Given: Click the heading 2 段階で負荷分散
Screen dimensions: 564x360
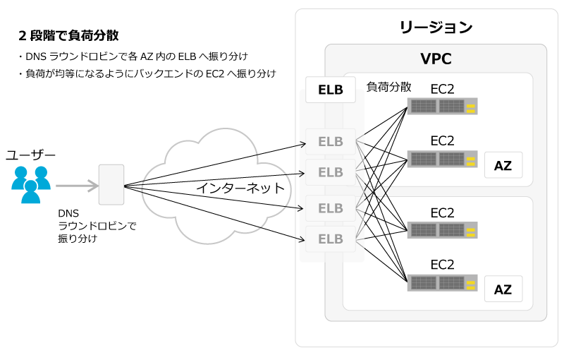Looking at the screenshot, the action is pyautogui.click(x=68, y=35).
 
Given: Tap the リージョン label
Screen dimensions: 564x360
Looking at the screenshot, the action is pyautogui.click(x=436, y=28).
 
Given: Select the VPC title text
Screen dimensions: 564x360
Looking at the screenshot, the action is pyautogui.click(x=436, y=59).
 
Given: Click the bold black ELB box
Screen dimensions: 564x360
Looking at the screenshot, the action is pyautogui.click(x=331, y=90).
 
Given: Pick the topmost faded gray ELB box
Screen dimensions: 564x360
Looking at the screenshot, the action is pyautogui.click(x=331, y=141).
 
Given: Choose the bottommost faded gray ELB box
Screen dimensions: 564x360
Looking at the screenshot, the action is pyautogui.click(x=331, y=239).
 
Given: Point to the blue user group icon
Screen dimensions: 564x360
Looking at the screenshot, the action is pyautogui.click(x=31, y=184).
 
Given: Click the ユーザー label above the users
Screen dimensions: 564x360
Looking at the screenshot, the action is pyautogui.click(x=30, y=155).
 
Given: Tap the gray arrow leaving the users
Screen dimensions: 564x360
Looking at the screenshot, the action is pyautogui.click(x=78, y=186).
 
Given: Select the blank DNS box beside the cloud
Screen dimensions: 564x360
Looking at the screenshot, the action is pyautogui.click(x=111, y=185).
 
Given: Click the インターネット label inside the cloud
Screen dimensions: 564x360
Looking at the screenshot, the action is pyautogui.click(x=240, y=188).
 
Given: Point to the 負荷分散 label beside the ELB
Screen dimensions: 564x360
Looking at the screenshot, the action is pyautogui.click(x=388, y=87).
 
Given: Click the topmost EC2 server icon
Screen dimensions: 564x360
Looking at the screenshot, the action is pyautogui.click(x=443, y=106).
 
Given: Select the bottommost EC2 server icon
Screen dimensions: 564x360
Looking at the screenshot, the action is pyautogui.click(x=443, y=283).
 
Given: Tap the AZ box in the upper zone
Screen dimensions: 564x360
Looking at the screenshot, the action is pyautogui.click(x=503, y=165).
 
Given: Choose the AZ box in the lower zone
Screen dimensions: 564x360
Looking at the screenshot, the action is pyautogui.click(x=503, y=289).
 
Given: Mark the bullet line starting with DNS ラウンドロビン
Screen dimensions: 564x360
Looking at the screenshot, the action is pyautogui.click(x=133, y=56).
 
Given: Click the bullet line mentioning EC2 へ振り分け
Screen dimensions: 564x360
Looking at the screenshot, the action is pyautogui.click(x=147, y=73).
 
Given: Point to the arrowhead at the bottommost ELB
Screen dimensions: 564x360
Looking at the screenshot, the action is pyautogui.click(x=302, y=239).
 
